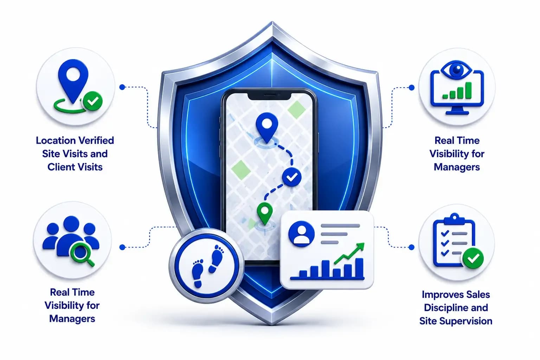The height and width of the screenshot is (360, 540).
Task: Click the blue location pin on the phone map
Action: coord(266,127)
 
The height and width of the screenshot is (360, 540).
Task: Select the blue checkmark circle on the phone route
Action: coord(292,177)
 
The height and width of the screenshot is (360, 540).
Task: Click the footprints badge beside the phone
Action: coord(206,266)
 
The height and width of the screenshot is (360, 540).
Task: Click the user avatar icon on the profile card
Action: coord(301,234)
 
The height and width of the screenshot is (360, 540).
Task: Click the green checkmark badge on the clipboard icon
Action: coord(473,258)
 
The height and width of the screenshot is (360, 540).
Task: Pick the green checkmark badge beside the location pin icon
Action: coord(92,101)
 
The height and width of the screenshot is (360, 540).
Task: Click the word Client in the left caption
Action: coord(60,167)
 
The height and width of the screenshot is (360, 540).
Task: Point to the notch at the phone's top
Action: coord(269,96)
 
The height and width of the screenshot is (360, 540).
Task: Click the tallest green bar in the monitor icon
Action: coord(468,90)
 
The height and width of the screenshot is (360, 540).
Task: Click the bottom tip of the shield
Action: coord(271,324)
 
